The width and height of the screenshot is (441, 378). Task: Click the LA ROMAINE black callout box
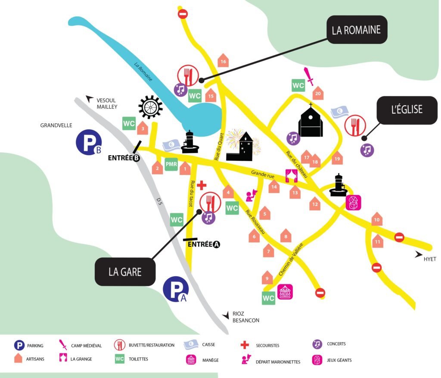pyautogui.click(x=357, y=30)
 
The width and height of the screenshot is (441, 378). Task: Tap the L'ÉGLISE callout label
pyautogui.click(x=407, y=110)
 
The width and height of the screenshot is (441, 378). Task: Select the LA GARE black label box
pyautogui.click(x=125, y=272)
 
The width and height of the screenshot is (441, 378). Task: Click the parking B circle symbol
pyautogui.click(x=89, y=142)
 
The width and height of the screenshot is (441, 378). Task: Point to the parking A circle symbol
pyautogui.click(x=176, y=289)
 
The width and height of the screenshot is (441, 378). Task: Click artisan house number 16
pyautogui.click(x=223, y=60)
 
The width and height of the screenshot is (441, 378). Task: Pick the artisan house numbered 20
pyautogui.click(x=318, y=93)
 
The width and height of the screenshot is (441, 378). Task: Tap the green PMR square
pyautogui.click(x=171, y=164)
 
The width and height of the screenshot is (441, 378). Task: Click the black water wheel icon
pyautogui.click(x=150, y=106)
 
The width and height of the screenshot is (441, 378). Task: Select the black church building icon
pyautogui.click(x=311, y=120)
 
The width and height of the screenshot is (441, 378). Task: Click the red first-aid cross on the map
pyautogui.click(x=202, y=185)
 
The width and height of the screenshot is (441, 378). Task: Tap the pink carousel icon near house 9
pyautogui.click(x=285, y=292)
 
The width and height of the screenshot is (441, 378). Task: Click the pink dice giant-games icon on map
pyautogui.click(x=353, y=203)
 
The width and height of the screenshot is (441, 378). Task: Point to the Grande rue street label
pyautogui.click(x=263, y=174)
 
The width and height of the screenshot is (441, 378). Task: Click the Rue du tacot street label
pyautogui.click(x=192, y=194)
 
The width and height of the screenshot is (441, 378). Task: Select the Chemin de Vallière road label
pyautogui.click(x=291, y=259)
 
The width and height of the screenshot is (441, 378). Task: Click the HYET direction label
pyautogui.click(x=430, y=259)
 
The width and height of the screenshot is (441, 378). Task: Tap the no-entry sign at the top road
pyautogui.click(x=183, y=13)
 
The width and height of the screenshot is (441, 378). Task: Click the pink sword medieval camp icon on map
pyautogui.click(x=308, y=76)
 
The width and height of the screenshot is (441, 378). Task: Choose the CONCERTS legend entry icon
pyautogui.click(x=317, y=344)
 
